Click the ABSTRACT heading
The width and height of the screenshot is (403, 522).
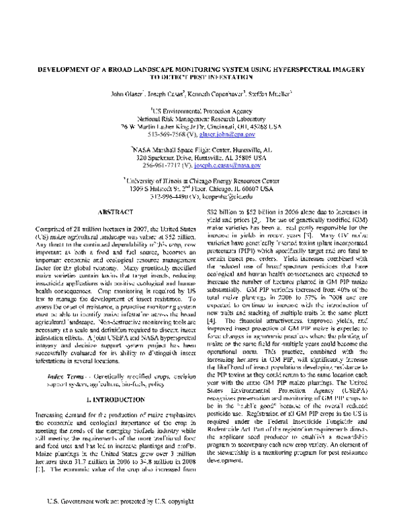tap(110, 211)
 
